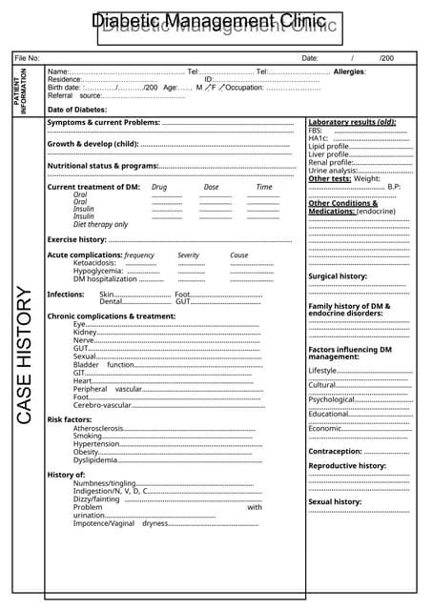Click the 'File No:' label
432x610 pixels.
click(27, 58)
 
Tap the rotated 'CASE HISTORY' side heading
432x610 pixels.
click(26, 356)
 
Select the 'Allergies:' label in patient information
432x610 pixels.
click(350, 72)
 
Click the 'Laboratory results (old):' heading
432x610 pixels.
click(352, 122)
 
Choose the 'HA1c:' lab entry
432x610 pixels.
click(319, 138)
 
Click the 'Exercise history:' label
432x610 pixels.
click(77, 239)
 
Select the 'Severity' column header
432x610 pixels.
click(189, 255)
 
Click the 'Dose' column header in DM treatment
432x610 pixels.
click(211, 187)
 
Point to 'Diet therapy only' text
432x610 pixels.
click(100, 224)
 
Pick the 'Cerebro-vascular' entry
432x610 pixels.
click(102, 405)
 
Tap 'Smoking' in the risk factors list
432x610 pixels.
click(89, 436)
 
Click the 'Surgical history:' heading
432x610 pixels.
click(338, 276)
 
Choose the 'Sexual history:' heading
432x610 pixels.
click(335, 501)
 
